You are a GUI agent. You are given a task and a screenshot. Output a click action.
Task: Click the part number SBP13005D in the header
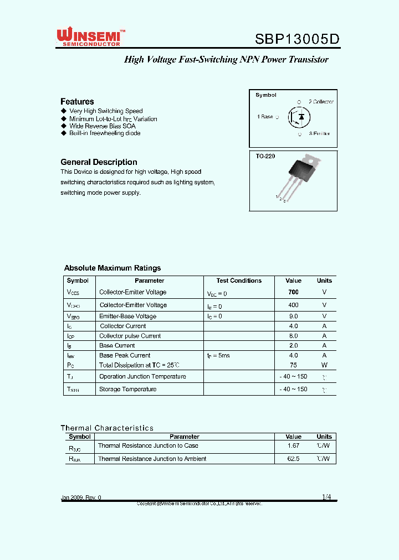pos(296,39)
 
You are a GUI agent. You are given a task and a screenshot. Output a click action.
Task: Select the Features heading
pos(77,101)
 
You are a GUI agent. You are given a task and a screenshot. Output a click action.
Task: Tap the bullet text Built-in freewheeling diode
pos(105,133)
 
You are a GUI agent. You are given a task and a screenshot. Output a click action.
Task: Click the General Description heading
pos(99,162)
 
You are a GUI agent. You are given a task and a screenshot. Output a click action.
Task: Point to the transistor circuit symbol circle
pos(299,117)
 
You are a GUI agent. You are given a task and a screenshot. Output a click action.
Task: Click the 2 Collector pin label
pos(321,102)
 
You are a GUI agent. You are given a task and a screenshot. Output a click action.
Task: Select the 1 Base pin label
pos(265,117)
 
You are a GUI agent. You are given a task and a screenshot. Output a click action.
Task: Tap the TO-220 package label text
pos(265,157)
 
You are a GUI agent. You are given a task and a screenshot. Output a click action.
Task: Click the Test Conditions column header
pos(239,281)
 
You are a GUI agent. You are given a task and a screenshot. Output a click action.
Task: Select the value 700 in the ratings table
pos(293,292)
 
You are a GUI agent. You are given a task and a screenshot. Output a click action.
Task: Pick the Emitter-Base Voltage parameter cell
pos(127,317)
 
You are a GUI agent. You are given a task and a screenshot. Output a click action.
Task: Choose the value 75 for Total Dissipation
pos(293,365)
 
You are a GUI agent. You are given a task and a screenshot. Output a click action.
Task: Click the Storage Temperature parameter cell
pos(127,389)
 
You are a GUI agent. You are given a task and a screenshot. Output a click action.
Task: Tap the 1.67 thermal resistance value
pos(293,445)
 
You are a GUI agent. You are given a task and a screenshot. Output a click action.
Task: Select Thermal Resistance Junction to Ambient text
pos(152,459)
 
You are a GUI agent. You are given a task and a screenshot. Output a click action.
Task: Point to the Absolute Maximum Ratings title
pos(112,268)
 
